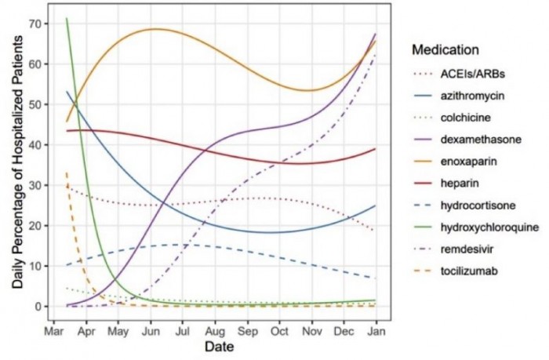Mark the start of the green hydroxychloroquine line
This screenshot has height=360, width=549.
pos(67,18)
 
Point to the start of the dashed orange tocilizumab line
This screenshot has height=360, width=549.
pos(67,173)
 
